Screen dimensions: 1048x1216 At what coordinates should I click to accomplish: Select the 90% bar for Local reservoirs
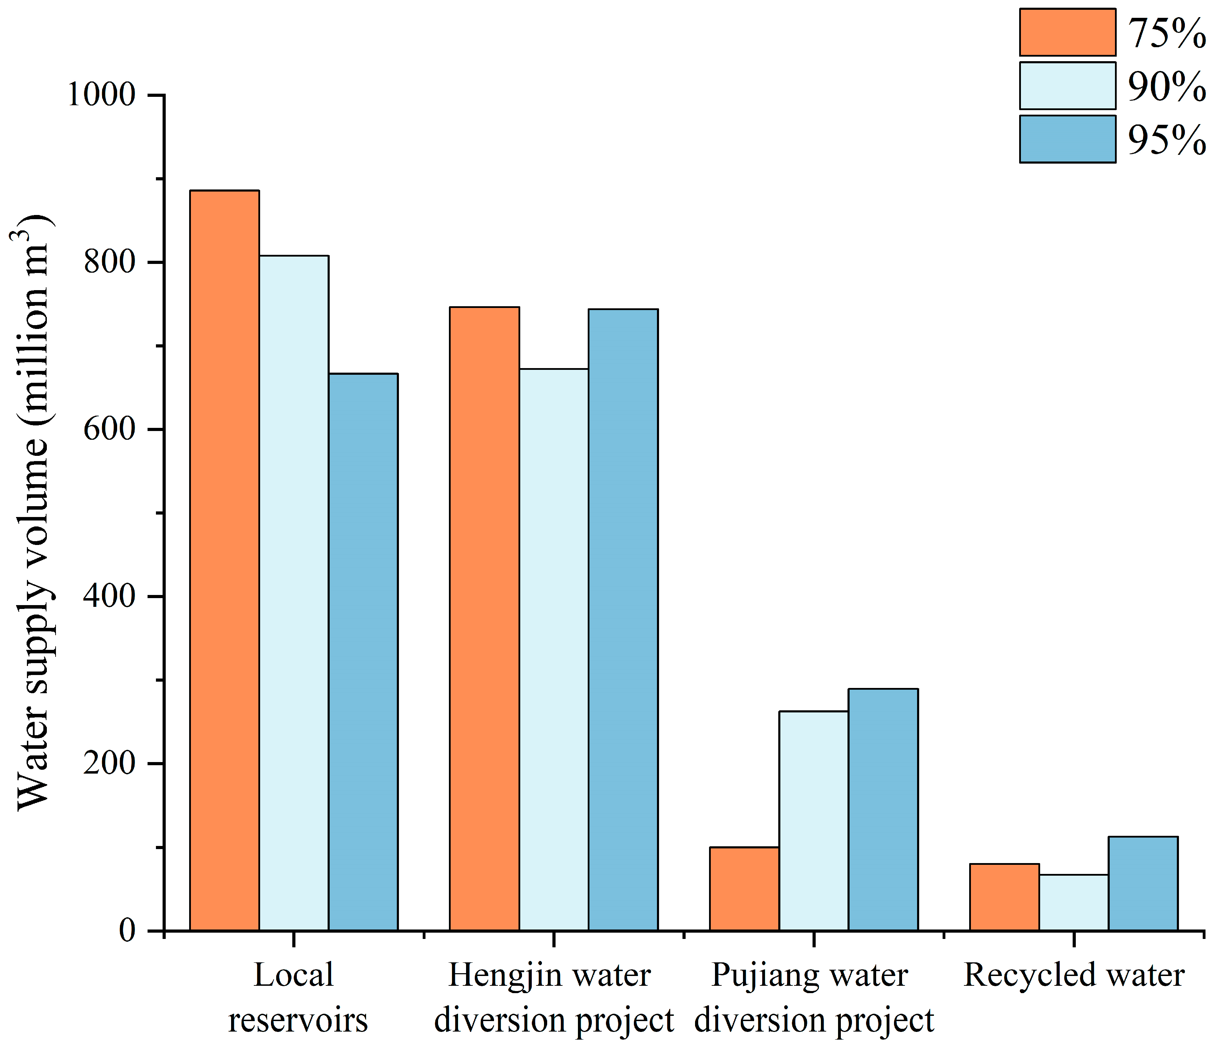pos(293,593)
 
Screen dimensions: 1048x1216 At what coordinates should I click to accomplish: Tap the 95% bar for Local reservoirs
pos(363,651)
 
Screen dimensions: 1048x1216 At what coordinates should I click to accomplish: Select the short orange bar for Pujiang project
pos(744,889)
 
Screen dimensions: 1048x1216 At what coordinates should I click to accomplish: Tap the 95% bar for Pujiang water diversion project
pos(883,810)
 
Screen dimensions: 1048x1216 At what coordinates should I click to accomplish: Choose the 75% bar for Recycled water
pos(1004,897)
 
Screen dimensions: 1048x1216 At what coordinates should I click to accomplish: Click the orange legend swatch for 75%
pos(1067,32)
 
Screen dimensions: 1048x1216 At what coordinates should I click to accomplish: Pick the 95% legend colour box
pos(1067,139)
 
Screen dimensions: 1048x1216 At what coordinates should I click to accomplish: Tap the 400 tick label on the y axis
pos(109,596)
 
